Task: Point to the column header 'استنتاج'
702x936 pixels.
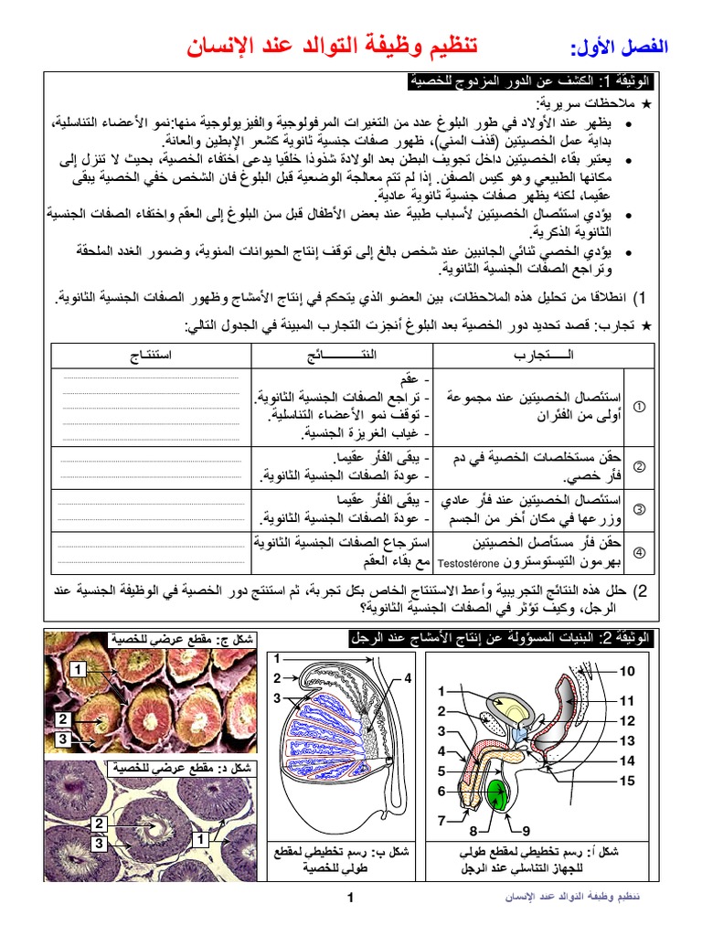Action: (151, 354)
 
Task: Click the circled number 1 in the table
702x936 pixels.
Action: (640, 406)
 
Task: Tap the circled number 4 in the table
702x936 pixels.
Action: (640, 552)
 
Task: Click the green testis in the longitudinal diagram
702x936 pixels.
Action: (497, 793)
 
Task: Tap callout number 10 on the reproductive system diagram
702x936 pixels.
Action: (626, 672)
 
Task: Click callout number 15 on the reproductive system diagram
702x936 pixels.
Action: (626, 781)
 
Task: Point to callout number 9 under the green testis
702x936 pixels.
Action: (526, 831)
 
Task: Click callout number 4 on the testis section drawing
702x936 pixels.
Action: (408, 677)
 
